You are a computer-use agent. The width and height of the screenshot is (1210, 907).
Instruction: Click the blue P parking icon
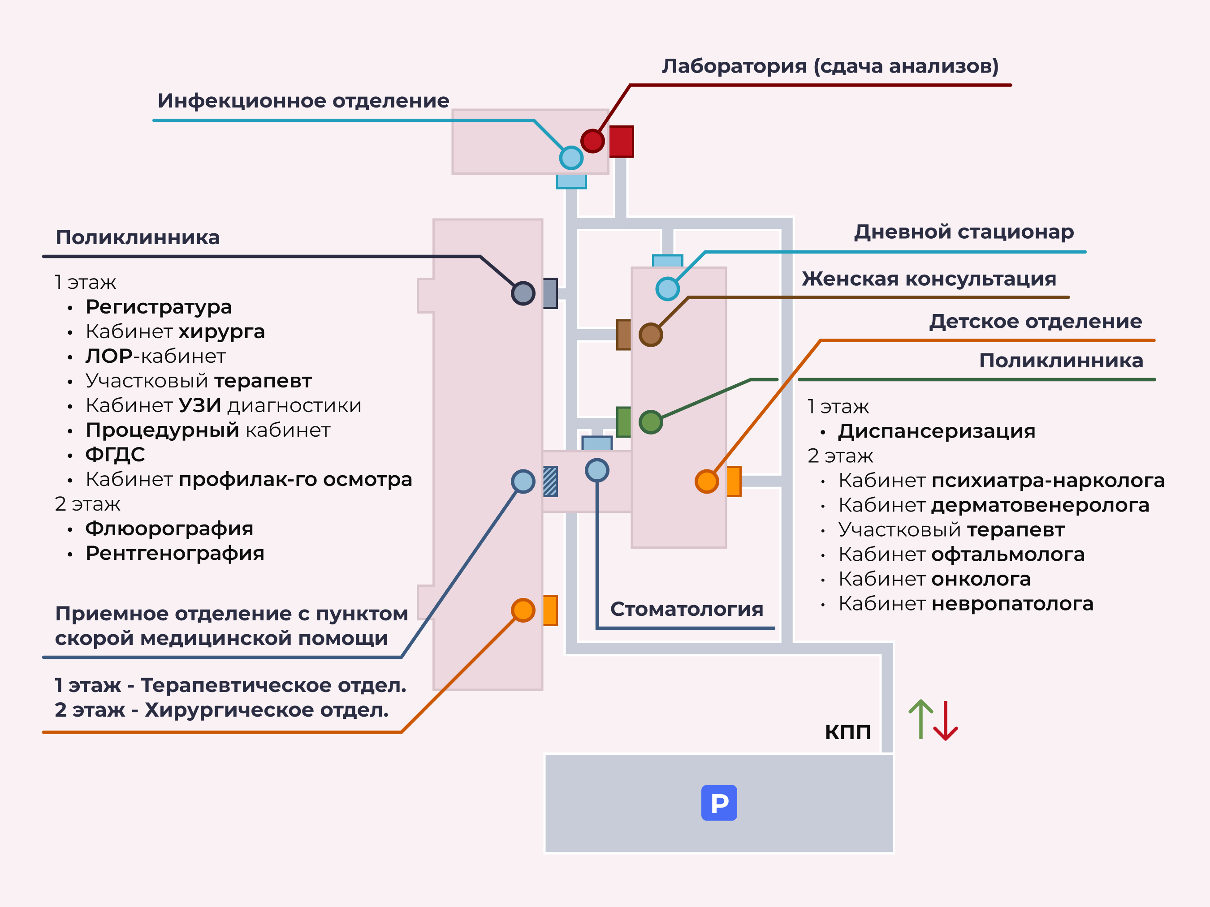click(x=719, y=803)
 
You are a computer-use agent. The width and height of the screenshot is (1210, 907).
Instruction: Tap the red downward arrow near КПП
click(x=945, y=722)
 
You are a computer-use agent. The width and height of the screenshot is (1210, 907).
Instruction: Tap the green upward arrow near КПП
click(x=921, y=719)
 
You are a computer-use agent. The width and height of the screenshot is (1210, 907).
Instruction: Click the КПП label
click(x=847, y=732)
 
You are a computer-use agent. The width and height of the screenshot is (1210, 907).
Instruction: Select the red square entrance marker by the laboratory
click(x=622, y=142)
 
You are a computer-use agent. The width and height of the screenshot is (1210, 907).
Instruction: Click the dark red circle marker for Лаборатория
click(x=592, y=141)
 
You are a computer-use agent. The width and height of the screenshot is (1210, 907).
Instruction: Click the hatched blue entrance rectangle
click(x=550, y=481)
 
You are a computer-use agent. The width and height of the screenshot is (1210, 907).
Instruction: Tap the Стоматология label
click(x=687, y=609)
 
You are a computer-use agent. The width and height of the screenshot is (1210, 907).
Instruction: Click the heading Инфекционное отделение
click(x=303, y=101)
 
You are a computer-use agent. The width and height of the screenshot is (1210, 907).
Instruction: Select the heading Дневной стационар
click(x=964, y=232)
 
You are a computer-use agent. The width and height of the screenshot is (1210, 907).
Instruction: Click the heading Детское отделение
click(x=1036, y=322)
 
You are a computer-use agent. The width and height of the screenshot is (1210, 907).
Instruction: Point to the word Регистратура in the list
click(x=159, y=307)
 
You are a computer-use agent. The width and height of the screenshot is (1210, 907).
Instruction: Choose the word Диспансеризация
click(x=937, y=431)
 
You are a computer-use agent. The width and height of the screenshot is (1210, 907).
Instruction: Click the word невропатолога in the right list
click(x=1012, y=604)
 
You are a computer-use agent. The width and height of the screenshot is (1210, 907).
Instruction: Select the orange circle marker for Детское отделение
click(x=707, y=481)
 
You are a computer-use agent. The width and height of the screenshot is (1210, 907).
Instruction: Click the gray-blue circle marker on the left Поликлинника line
click(x=523, y=293)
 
